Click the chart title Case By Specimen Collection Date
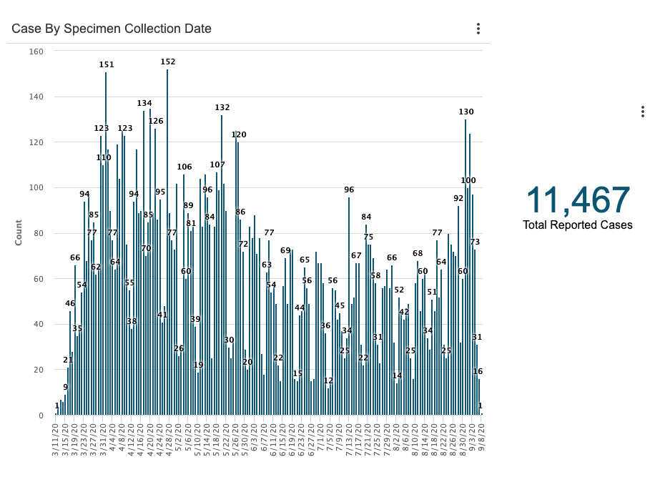tap(112, 29)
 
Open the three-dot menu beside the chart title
tap(478, 29)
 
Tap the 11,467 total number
tap(578, 200)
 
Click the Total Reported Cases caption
tap(578, 225)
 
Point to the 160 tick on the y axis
tap(36, 51)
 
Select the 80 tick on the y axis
tap(39, 233)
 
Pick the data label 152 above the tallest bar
tap(168, 62)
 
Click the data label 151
tap(107, 65)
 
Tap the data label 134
tap(144, 104)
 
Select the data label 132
tap(222, 108)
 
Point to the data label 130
tap(466, 112)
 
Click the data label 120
tap(239, 135)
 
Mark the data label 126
tap(156, 122)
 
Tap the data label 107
tap(217, 165)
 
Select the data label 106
tap(184, 167)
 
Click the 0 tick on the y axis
tap(41, 415)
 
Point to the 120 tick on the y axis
tap(36, 142)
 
